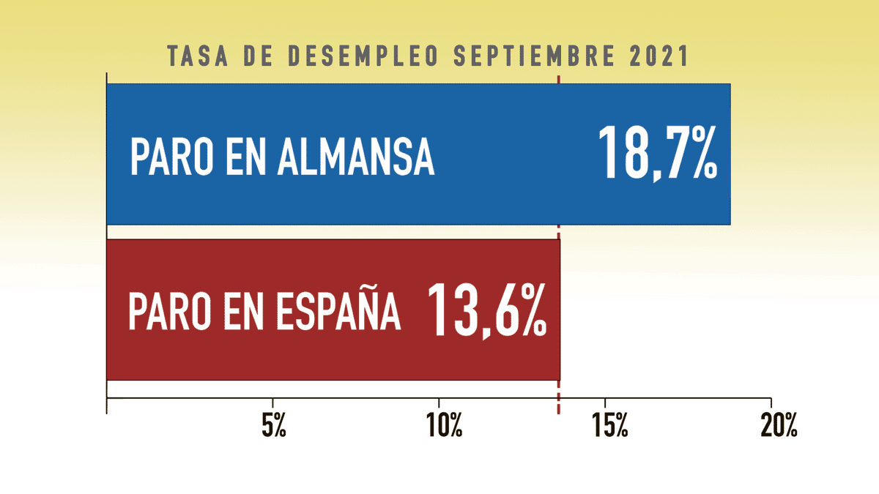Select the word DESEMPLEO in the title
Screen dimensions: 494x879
(x=354, y=56)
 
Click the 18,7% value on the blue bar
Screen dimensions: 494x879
(x=657, y=154)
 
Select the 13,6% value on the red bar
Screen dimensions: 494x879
(x=486, y=310)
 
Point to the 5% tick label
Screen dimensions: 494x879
(x=273, y=427)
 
